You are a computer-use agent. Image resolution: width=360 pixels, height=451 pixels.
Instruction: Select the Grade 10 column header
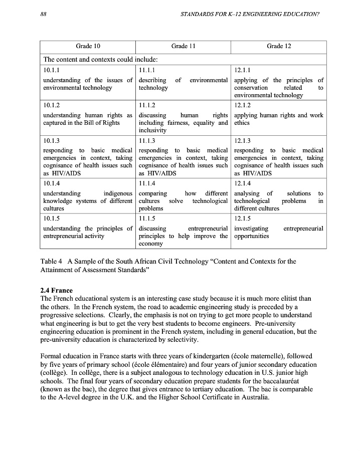tap(88, 46)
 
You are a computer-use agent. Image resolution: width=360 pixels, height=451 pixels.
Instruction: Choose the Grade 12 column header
tap(279, 46)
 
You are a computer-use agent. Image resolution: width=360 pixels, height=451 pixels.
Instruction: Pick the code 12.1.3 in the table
tap(243, 141)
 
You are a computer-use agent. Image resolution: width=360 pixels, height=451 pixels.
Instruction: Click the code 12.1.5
tap(243, 218)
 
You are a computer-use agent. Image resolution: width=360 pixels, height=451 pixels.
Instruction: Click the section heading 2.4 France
tap(56, 291)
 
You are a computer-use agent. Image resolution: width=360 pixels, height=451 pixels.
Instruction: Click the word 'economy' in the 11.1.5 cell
tap(151, 244)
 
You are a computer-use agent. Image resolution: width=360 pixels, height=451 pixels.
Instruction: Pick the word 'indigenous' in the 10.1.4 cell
tap(118, 193)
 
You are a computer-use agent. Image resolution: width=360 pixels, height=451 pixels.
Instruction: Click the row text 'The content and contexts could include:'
tap(101, 60)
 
